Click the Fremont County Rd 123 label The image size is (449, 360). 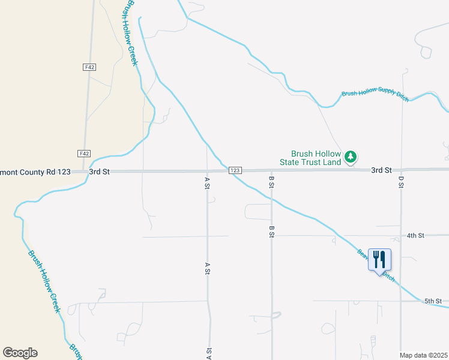point(35,172)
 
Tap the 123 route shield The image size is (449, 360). point(235,171)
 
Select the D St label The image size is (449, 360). point(401,181)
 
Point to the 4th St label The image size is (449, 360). point(415,236)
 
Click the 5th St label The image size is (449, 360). point(433,301)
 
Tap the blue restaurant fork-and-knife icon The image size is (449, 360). point(379,259)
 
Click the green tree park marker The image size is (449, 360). point(351,158)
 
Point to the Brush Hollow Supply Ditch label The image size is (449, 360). point(375,95)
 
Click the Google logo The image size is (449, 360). point(20,353)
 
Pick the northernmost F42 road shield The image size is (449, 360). point(89,67)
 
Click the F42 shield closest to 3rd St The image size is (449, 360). point(84,154)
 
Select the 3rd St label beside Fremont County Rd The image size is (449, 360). point(100,172)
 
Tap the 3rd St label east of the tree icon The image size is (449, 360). point(381,170)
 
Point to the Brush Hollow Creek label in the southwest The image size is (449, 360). point(44,281)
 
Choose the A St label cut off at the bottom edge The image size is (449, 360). point(209,353)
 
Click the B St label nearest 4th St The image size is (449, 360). point(271,232)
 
